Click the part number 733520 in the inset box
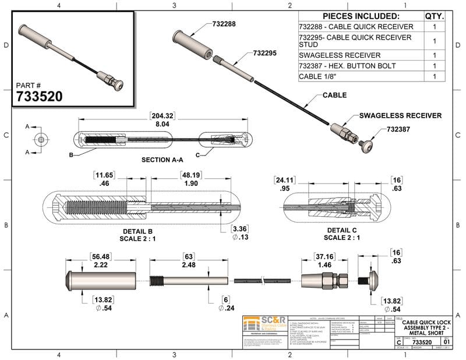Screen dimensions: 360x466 (x=39, y=96)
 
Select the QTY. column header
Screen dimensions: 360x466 (x=435, y=16)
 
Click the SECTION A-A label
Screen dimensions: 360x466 (x=161, y=159)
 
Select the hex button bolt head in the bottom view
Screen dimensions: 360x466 (x=373, y=280)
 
